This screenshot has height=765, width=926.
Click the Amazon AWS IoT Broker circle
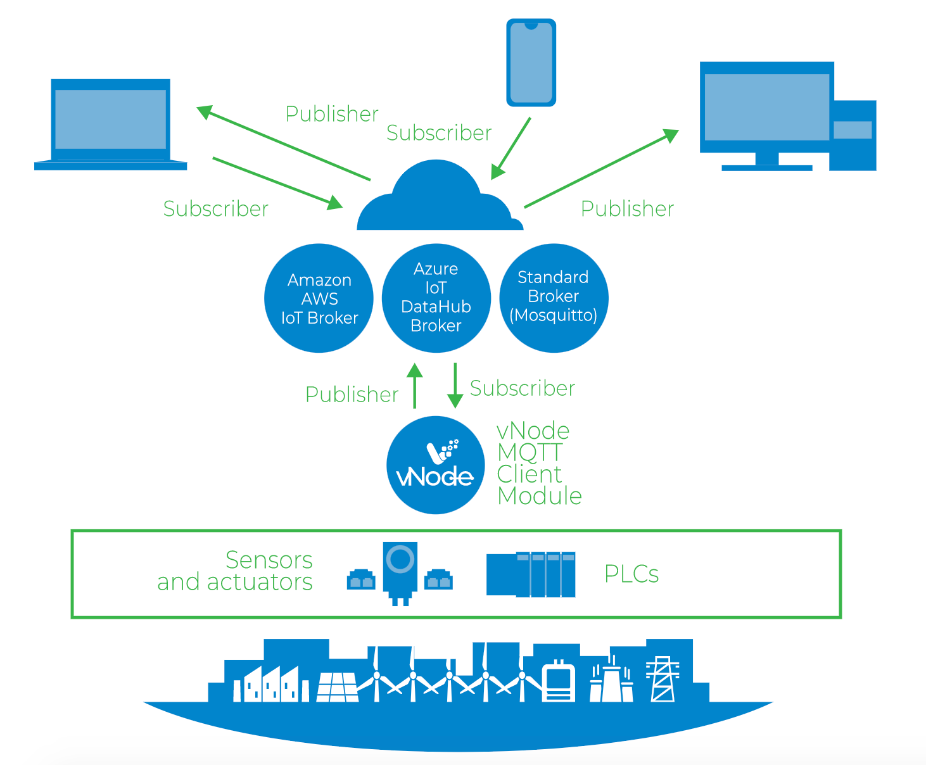(319, 298)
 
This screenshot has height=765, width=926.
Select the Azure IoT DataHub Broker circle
(436, 298)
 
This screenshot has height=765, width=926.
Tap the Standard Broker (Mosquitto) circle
(554, 298)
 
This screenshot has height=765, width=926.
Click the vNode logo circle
(435, 465)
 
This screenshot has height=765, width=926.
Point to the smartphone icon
(531, 62)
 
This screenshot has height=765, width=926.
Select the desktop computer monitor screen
(766, 107)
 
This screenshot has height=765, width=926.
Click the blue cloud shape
(440, 199)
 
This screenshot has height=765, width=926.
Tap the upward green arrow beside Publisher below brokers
(414, 386)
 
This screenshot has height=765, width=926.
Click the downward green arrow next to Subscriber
(455, 386)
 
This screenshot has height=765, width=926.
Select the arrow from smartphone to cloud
(511, 148)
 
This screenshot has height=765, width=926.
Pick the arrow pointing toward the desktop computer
(601, 168)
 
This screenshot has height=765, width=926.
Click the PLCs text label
(631, 574)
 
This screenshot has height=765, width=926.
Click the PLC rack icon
(531, 574)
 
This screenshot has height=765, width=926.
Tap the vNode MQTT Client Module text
(538, 463)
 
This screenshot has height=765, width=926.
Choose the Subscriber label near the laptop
(215, 209)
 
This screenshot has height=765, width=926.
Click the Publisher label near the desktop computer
(627, 209)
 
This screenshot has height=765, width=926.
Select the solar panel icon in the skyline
(337, 686)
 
